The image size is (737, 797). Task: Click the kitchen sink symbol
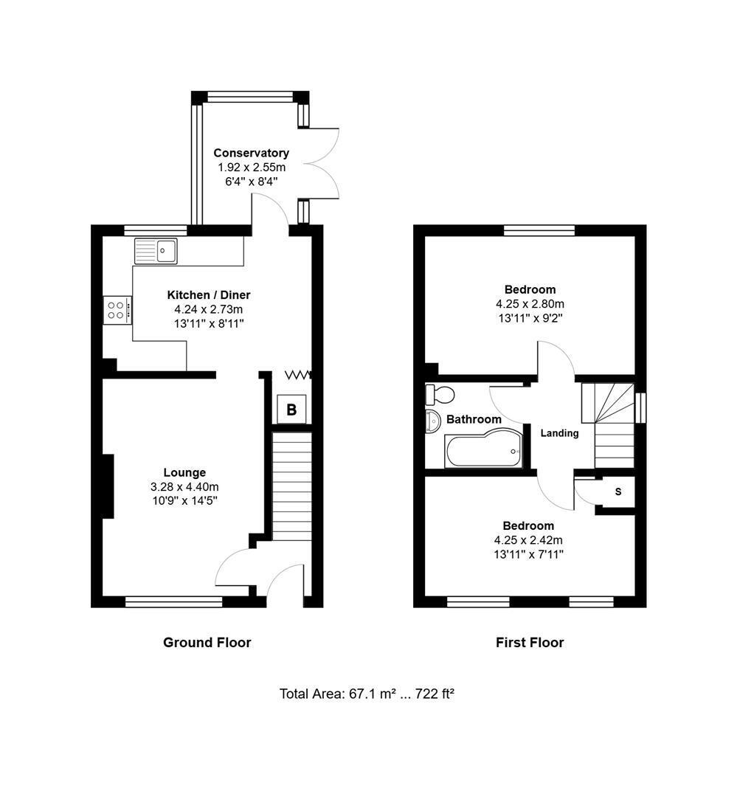(156, 251)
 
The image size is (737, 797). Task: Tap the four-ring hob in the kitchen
(117, 310)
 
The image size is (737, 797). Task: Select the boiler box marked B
(291, 409)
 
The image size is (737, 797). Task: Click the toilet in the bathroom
(440, 394)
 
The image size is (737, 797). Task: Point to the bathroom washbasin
(433, 421)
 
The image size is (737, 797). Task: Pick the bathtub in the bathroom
(483, 449)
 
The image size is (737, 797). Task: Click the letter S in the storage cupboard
(618, 491)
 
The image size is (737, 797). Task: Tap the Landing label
(559, 433)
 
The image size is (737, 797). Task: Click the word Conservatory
(251, 153)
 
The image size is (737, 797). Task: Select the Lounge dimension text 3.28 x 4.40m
(184, 487)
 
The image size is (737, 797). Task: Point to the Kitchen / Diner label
(209, 294)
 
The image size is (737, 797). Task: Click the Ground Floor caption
(207, 643)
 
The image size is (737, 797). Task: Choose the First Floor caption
(530, 643)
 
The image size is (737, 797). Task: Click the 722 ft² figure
(435, 694)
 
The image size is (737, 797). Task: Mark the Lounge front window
(174, 602)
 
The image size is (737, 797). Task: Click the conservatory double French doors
(321, 162)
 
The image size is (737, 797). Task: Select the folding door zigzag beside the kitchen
(298, 375)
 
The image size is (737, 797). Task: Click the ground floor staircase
(291, 486)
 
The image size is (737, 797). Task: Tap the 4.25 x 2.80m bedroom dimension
(530, 304)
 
